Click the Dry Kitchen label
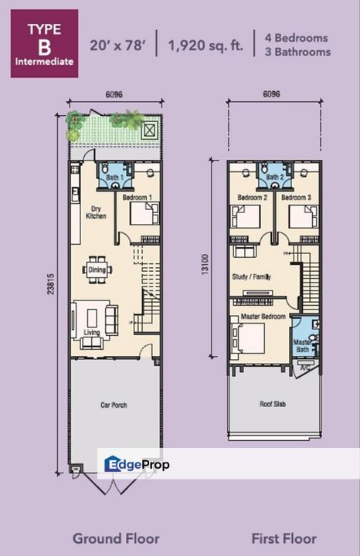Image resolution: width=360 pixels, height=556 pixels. (96, 212)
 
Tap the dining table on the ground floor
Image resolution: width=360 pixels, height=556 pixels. (97, 270)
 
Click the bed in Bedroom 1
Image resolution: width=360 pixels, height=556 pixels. (144, 213)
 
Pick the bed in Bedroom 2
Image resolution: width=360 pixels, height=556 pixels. (247, 215)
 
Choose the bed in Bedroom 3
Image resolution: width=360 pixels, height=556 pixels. (302, 215)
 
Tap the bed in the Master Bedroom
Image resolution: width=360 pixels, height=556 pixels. (249, 337)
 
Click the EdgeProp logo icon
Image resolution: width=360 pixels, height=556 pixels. (114, 464)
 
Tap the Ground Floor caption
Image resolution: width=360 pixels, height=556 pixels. (116, 538)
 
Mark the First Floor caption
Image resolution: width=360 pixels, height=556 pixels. (284, 538)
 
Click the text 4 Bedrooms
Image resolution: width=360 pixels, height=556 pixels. (297, 38)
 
